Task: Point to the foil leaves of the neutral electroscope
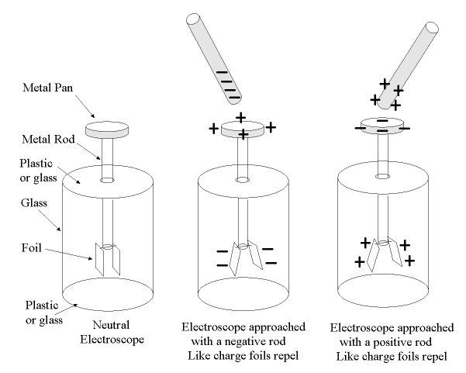coord(106,257)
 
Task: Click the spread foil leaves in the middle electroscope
coord(243,257)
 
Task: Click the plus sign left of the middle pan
coord(213,128)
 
